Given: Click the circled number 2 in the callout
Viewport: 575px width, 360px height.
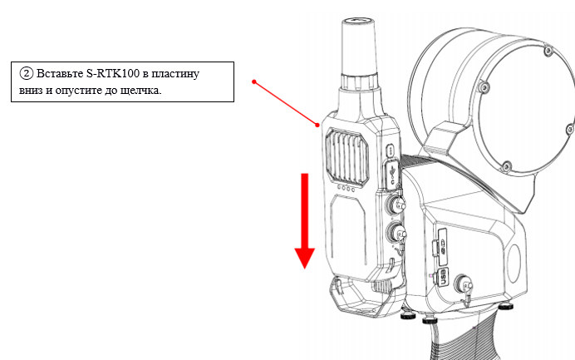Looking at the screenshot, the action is tap(27, 73).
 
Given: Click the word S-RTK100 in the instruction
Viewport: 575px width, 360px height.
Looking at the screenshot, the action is tap(113, 73).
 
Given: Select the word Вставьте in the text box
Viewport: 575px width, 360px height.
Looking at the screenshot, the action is tap(60, 73).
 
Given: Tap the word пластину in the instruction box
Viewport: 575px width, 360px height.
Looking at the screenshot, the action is tap(175, 74).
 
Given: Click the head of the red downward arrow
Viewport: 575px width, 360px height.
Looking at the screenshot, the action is tap(304, 259).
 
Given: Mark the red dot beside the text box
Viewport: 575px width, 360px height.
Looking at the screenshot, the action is tap(253, 81).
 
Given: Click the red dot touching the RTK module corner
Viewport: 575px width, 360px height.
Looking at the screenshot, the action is tap(317, 126).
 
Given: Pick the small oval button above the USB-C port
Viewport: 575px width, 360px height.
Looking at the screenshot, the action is tap(391, 150).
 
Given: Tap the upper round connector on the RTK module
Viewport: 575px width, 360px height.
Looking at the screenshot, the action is tap(396, 204).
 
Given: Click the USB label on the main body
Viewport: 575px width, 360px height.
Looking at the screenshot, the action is tap(443, 277).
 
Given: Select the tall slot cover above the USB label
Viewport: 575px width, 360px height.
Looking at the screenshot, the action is tap(442, 247).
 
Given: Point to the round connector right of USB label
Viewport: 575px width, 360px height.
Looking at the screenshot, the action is tap(463, 284).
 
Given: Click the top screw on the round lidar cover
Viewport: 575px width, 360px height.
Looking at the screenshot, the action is tap(548, 50).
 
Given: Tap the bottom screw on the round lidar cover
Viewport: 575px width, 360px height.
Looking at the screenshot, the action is tap(506, 166).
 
